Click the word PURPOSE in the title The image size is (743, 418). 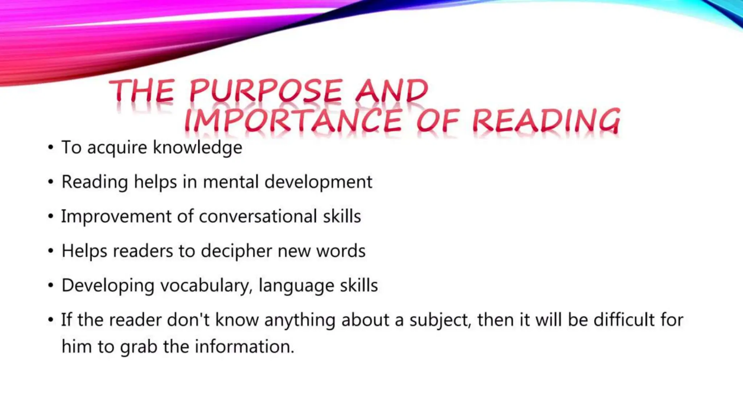(x=266, y=91)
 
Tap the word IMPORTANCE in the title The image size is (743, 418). (x=293, y=121)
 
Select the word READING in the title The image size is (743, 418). (x=546, y=121)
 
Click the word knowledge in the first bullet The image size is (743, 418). (x=197, y=148)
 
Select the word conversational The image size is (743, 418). (x=258, y=217)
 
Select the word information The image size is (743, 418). (x=244, y=347)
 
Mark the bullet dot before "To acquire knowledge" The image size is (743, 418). (x=51, y=148)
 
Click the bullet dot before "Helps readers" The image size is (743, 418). (x=51, y=251)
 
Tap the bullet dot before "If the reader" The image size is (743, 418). (x=51, y=320)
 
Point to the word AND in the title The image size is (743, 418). (x=391, y=91)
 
